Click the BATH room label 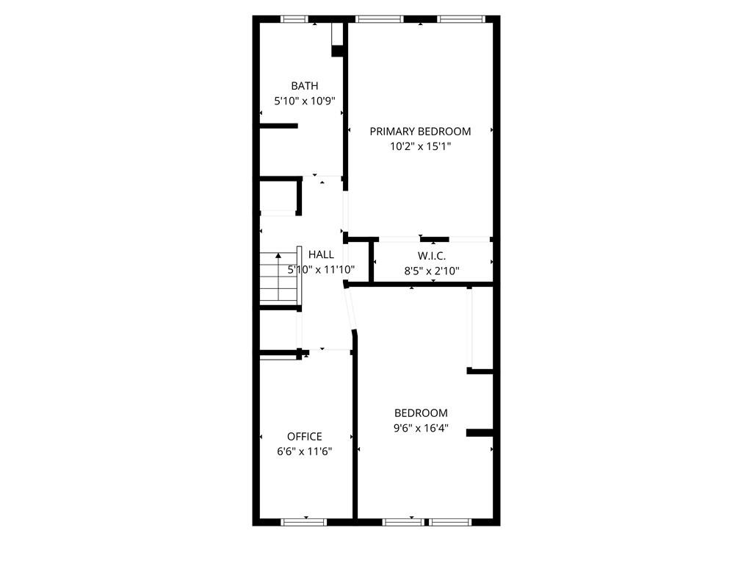click(304, 86)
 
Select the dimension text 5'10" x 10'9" click(304, 101)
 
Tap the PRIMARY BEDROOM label click(420, 131)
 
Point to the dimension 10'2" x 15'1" click(420, 146)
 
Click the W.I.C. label click(432, 255)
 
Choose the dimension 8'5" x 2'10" click(432, 271)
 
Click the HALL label click(321, 254)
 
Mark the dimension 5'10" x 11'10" click(321, 270)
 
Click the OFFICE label click(304, 436)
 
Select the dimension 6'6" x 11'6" click(304, 451)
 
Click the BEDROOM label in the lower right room click(421, 413)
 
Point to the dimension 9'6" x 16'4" click(421, 428)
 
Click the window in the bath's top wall click(294, 19)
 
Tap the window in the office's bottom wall click(303, 522)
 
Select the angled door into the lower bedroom click(350, 308)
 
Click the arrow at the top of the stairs click(278, 257)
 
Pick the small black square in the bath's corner click(338, 51)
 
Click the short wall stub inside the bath click(279, 126)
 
